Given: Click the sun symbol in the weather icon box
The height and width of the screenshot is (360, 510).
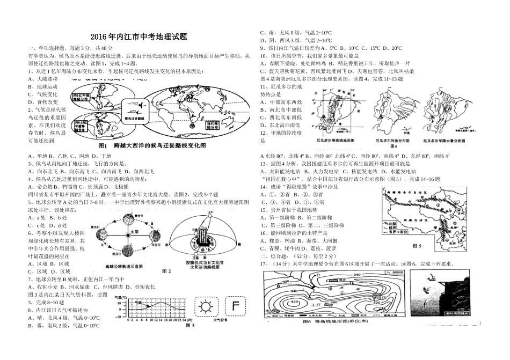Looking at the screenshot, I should click(x=206, y=307).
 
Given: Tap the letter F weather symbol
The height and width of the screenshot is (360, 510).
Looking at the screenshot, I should click(x=236, y=307).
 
